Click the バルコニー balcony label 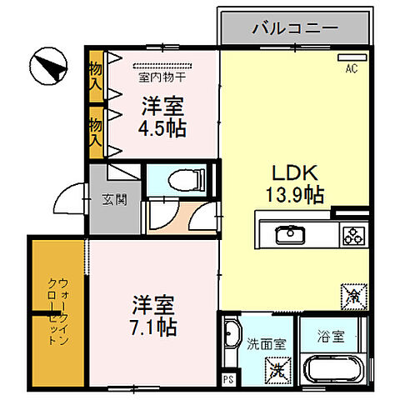coord(295,28)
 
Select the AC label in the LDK coord(351,69)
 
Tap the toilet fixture coord(179,177)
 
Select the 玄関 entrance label coord(115,200)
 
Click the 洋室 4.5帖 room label coord(162,117)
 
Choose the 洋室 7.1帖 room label coord(152,315)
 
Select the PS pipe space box coord(227,379)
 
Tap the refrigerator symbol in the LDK coord(350,295)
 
